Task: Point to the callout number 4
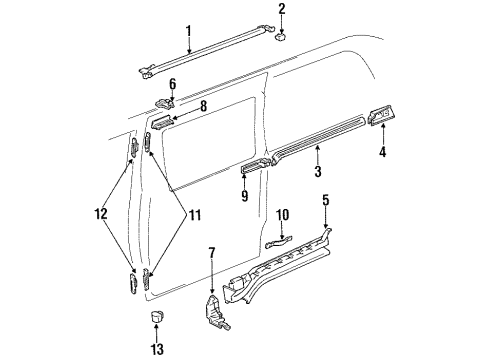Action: click(x=382, y=152)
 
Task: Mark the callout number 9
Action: click(x=243, y=196)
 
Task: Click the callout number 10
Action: click(x=283, y=243)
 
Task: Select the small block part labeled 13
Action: click(x=155, y=317)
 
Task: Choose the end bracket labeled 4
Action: click(x=381, y=119)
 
